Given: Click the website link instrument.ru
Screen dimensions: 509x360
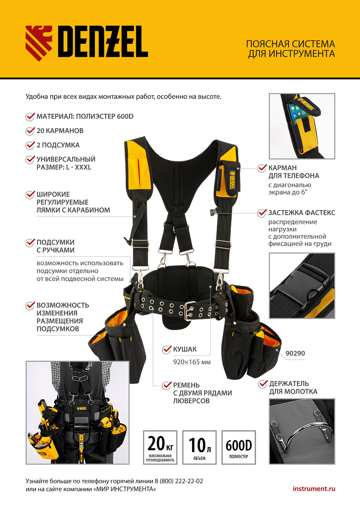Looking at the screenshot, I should click(313, 489).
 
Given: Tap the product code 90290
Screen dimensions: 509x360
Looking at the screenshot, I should click(295, 353).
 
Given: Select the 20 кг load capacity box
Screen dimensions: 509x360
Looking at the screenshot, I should click(160, 447).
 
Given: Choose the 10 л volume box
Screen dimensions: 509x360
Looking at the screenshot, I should click(199, 447).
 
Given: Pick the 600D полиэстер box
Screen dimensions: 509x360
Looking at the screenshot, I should click(238, 447).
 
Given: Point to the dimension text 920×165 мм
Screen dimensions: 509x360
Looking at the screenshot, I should click(192, 362).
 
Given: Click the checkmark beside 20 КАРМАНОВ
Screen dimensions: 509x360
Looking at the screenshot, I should click(30, 131).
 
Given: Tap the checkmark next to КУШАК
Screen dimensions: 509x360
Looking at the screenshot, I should click(167, 349).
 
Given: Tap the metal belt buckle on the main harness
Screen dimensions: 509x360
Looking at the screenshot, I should click(190, 310).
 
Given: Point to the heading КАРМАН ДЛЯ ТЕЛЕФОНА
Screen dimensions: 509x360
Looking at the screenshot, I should click(293, 172).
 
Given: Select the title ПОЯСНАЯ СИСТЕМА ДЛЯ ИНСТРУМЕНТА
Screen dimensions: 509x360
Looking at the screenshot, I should click(290, 49).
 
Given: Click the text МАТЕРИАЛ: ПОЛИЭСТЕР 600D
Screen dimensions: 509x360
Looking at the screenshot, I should click(85, 116).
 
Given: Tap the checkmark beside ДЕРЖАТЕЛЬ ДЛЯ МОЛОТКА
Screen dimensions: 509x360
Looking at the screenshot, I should click(263, 384).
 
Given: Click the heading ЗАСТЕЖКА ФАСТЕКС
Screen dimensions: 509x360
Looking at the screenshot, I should click(302, 213).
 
